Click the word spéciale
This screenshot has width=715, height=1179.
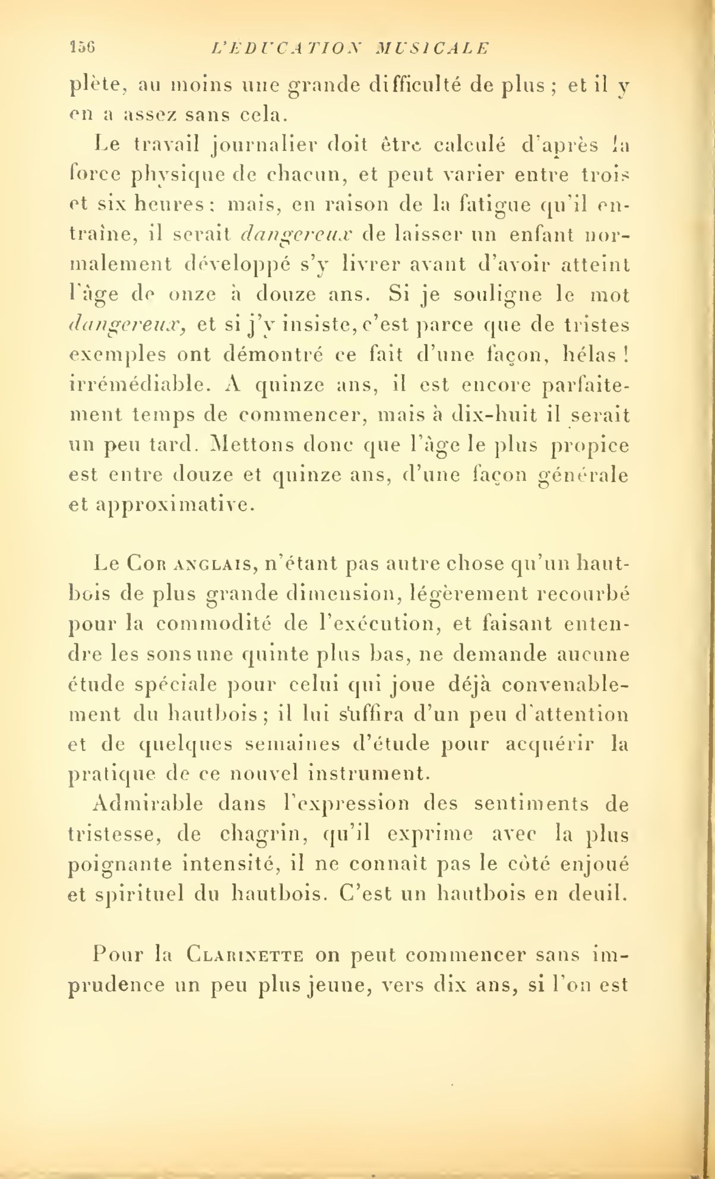click(171, 684)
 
